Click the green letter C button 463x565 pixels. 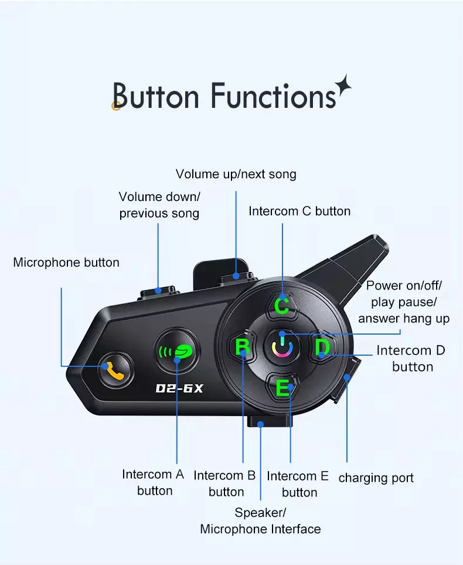[x=282, y=305]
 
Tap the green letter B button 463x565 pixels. [x=243, y=348]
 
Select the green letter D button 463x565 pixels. [x=322, y=348]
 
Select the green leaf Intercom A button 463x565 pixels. [x=178, y=352]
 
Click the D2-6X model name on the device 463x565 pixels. [x=179, y=388]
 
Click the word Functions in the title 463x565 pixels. [x=273, y=96]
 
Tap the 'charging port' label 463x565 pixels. [x=376, y=478]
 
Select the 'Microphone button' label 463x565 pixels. [x=66, y=263]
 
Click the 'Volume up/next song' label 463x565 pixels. [x=236, y=174]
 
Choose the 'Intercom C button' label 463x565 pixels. [x=299, y=211]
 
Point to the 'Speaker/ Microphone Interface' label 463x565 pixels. [x=260, y=521]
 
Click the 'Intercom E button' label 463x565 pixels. [x=298, y=484]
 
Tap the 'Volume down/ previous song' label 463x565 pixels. [x=159, y=205]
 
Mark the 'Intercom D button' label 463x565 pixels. [x=411, y=358]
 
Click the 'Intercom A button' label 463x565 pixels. [x=154, y=482]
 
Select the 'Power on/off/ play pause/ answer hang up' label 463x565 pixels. [x=404, y=302]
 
